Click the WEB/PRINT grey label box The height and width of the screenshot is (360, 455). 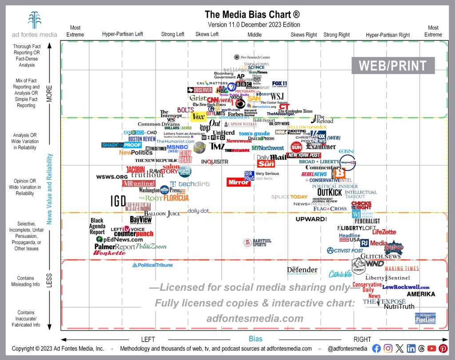[x=392, y=65]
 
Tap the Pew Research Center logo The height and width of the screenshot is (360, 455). [x=252, y=57]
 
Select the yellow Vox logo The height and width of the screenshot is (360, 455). [x=198, y=116]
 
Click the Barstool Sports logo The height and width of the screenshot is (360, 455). [x=257, y=242]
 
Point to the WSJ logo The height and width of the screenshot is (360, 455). [x=277, y=96]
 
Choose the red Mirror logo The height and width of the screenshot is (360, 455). [x=238, y=182]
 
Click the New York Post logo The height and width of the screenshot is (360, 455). [x=303, y=155]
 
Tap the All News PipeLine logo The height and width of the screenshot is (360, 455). [x=425, y=318]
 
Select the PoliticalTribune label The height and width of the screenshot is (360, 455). [x=152, y=265]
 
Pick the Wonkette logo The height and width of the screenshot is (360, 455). [x=109, y=253]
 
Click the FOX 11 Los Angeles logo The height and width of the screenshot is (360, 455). [x=279, y=84]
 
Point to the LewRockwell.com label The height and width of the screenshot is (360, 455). [x=406, y=287]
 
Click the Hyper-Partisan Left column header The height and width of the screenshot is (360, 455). [x=122, y=35]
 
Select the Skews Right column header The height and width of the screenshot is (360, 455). [x=304, y=35]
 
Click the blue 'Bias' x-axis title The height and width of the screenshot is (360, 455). [x=255, y=339]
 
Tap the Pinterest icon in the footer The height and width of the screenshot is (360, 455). [x=443, y=348]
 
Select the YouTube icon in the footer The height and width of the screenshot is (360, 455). [x=432, y=348]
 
